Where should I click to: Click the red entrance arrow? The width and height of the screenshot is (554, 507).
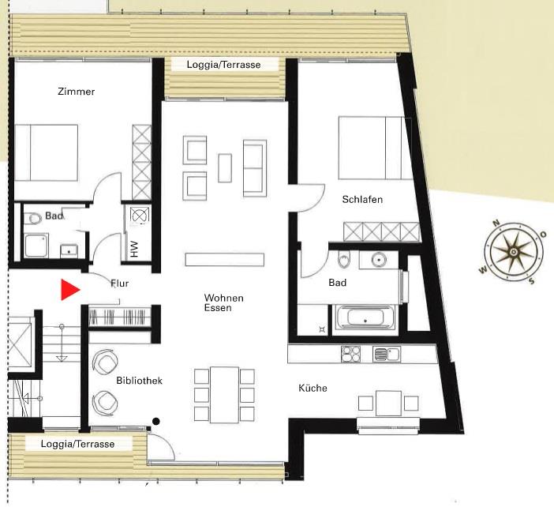(x=70, y=290)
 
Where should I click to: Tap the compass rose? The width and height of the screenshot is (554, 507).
(x=514, y=252)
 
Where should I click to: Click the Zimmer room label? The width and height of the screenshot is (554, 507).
(x=77, y=92)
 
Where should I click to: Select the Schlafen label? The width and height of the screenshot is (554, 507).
(x=362, y=200)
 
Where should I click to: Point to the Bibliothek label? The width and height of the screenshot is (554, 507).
(x=139, y=381)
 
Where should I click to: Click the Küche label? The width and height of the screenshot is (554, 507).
(x=313, y=388)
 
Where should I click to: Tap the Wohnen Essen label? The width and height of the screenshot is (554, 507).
(x=223, y=302)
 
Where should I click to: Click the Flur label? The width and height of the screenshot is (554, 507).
(x=120, y=284)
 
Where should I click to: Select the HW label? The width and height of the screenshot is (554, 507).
(x=134, y=249)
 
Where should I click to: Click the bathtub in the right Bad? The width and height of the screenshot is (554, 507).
(x=365, y=317)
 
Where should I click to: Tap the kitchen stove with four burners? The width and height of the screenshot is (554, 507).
(x=351, y=354)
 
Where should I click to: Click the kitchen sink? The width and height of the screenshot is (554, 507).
(x=387, y=354)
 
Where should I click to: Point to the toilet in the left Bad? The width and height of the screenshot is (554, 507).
(x=33, y=218)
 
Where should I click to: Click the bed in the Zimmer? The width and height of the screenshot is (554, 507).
(x=47, y=152)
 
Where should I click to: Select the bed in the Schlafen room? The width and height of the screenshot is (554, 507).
(x=375, y=148)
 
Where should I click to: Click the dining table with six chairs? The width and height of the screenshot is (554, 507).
(x=224, y=395)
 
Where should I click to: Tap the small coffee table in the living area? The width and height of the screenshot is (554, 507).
(x=225, y=168)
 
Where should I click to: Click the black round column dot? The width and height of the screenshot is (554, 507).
(x=155, y=421)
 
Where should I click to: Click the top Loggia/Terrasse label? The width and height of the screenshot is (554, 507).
(x=223, y=65)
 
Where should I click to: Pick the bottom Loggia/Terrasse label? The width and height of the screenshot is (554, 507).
(x=77, y=444)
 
